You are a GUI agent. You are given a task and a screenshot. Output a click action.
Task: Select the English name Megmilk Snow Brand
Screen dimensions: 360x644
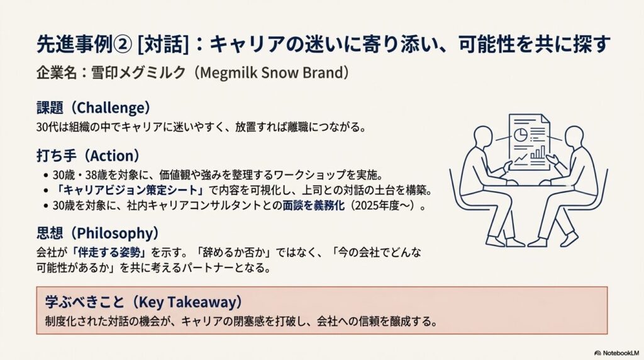coord(271,72)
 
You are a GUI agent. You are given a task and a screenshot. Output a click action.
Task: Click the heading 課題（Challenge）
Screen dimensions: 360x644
coord(94,107)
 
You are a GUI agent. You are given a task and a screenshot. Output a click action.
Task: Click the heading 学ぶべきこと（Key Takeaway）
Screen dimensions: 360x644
coord(144,301)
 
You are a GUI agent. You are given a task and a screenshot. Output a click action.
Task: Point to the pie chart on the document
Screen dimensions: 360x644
coord(521,134)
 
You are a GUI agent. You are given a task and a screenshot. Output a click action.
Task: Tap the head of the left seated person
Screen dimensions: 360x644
coord(483,137)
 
